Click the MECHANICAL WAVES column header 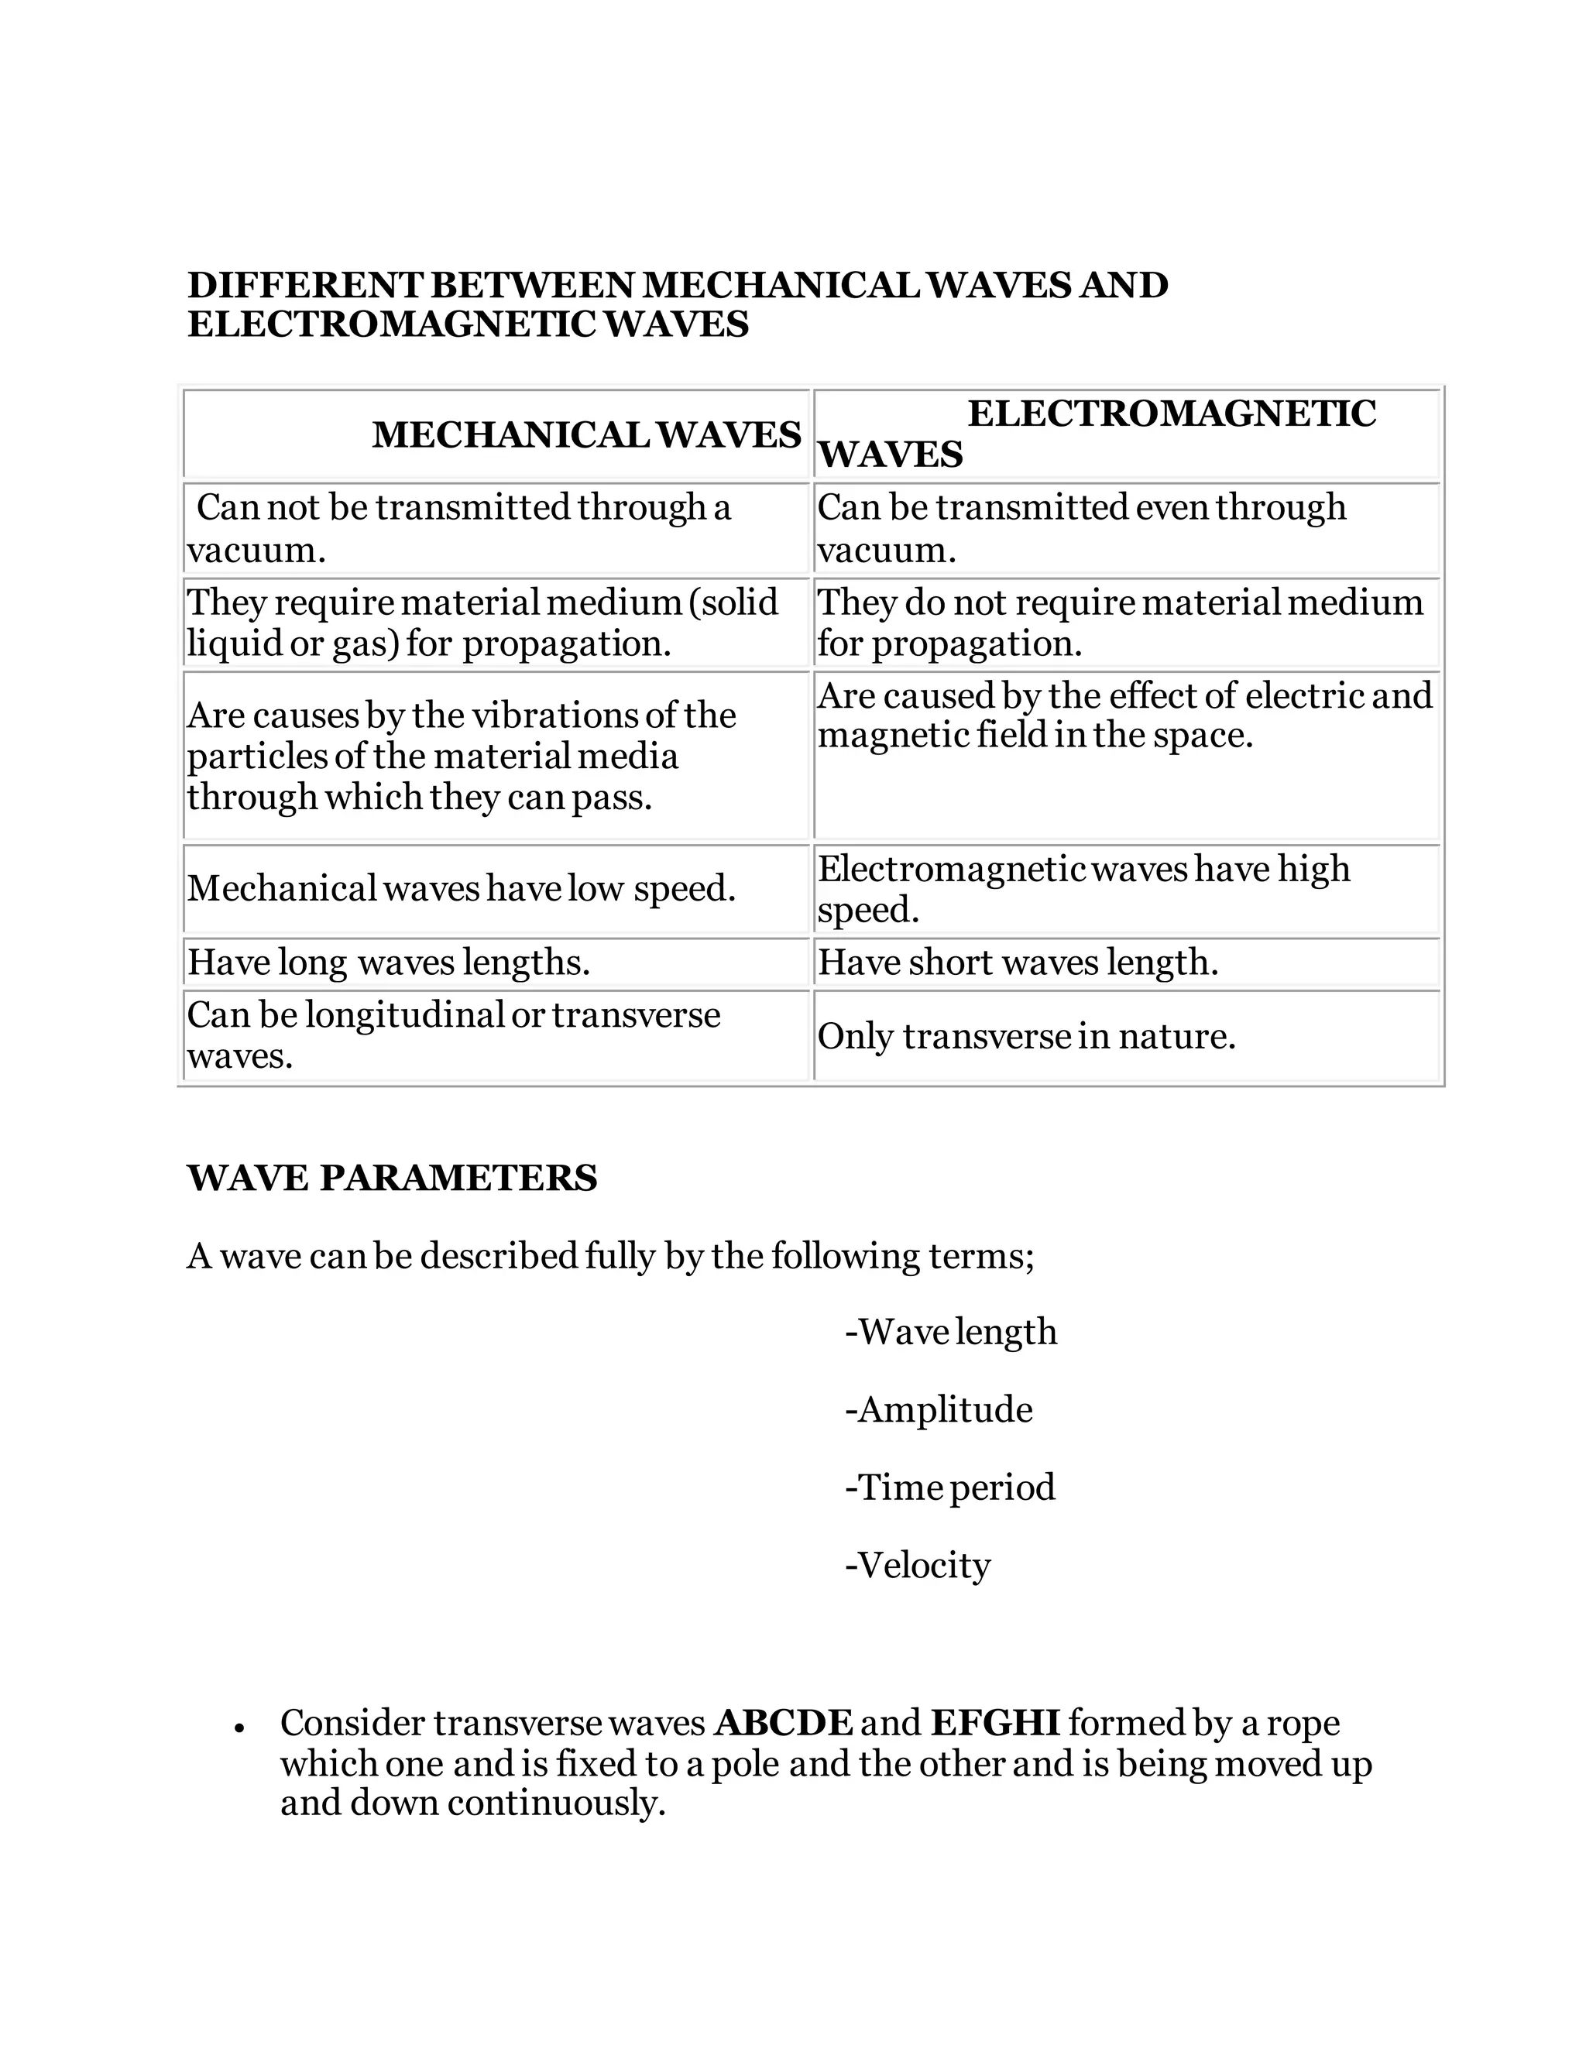[586, 434]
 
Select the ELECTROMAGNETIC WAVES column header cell [1125, 433]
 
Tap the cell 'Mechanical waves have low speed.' [462, 888]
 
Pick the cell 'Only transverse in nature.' [1026, 1035]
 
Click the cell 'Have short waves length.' [1018, 961]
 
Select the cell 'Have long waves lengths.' [389, 961]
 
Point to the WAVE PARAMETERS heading [392, 1177]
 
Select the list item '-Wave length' [951, 1331]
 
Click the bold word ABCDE [784, 1723]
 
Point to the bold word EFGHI [995, 1723]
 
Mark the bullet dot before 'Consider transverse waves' [241, 1727]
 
